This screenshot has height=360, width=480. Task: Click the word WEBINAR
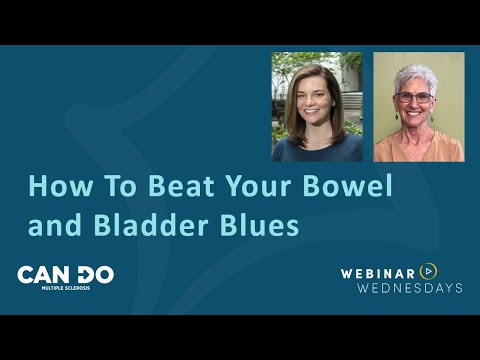tap(378, 271)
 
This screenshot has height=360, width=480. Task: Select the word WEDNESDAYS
tap(401, 288)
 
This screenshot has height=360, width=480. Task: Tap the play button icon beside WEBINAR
tap(429, 271)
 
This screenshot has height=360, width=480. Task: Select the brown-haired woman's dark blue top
tap(316, 150)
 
